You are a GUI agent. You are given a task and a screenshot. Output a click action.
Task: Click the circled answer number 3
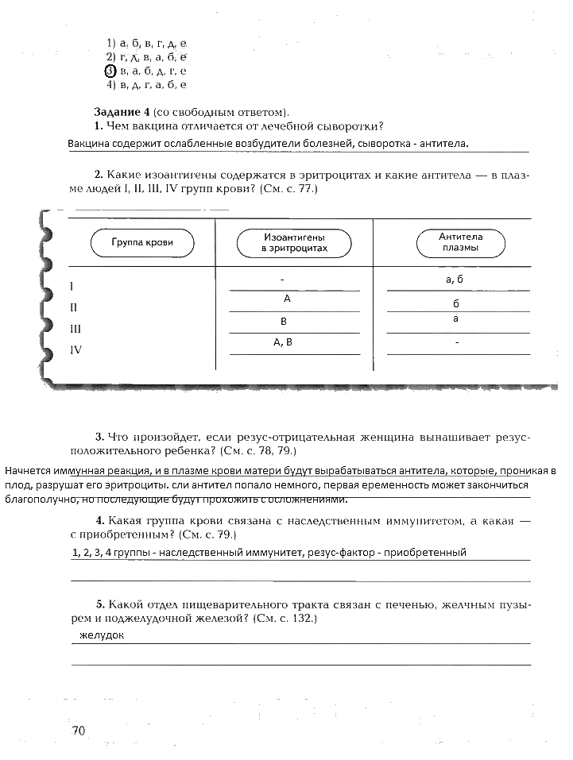[x=110, y=71]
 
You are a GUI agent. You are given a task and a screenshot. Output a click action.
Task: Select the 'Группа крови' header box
[x=142, y=242]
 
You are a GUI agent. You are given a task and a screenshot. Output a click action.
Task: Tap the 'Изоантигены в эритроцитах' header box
[x=294, y=243]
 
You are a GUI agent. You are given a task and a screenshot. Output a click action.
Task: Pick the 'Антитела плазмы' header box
[x=460, y=242]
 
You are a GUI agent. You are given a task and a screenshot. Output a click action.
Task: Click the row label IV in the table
[x=76, y=349]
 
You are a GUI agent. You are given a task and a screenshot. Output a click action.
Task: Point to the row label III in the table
[x=76, y=328]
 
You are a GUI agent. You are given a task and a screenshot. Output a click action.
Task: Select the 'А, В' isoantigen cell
[x=284, y=342]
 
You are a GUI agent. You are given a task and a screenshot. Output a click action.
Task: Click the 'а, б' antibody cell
[x=455, y=280]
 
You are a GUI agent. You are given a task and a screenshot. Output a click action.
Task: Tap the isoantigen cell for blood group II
[x=287, y=299]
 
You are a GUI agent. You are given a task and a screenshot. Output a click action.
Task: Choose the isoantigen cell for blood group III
[x=284, y=322]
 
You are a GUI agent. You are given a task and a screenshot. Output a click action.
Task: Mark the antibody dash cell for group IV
[x=457, y=343]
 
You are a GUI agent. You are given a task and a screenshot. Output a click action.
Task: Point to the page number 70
[x=78, y=731]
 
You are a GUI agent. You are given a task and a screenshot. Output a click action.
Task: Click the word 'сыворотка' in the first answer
[x=385, y=144]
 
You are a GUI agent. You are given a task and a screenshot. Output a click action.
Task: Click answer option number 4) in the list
[x=112, y=84]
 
